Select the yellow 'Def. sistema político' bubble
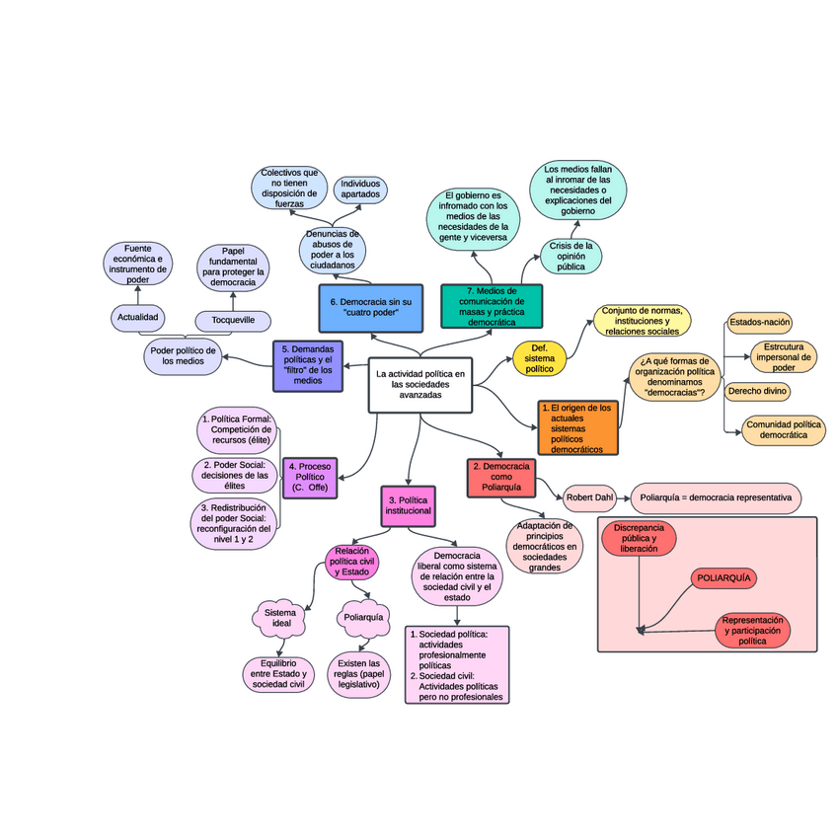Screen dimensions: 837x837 point(539,360)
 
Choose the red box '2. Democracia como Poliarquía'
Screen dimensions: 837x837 point(500,478)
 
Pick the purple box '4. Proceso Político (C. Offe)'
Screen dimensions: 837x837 point(310,478)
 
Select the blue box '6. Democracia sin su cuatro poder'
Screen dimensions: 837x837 point(371,306)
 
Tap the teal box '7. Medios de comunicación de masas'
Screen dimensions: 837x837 point(492,306)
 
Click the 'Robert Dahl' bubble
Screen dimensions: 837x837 point(589,497)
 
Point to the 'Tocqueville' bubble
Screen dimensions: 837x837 point(233,320)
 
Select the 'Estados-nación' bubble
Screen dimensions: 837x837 point(759,322)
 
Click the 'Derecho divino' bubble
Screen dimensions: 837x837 point(758,391)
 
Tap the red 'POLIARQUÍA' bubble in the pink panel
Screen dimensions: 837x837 point(724,577)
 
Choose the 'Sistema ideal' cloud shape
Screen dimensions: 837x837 point(279,619)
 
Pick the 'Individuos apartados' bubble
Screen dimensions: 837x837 point(360,189)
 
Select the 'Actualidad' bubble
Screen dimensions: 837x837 point(138,318)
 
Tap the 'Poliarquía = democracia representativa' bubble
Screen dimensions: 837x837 point(716,497)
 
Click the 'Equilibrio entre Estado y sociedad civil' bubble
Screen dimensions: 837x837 point(279,674)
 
